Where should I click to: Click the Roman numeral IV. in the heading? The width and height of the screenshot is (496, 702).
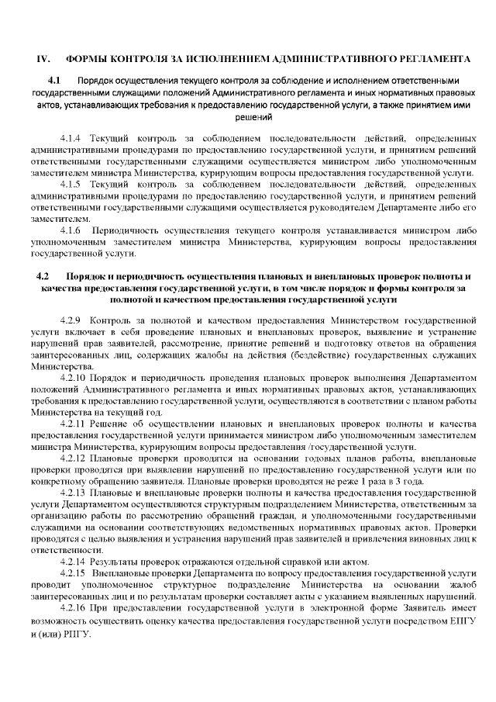44,59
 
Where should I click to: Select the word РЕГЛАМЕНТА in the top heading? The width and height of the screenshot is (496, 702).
431,59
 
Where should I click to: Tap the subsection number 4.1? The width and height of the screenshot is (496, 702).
54,80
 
